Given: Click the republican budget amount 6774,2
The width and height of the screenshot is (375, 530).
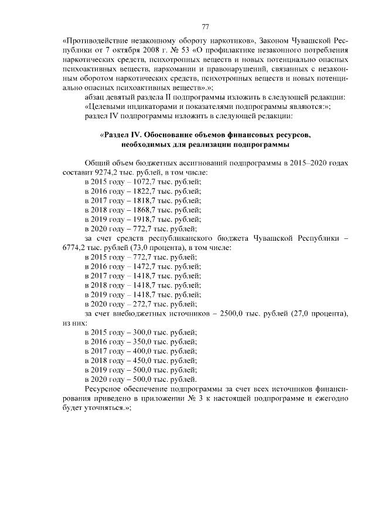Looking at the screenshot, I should click(x=74, y=248).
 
